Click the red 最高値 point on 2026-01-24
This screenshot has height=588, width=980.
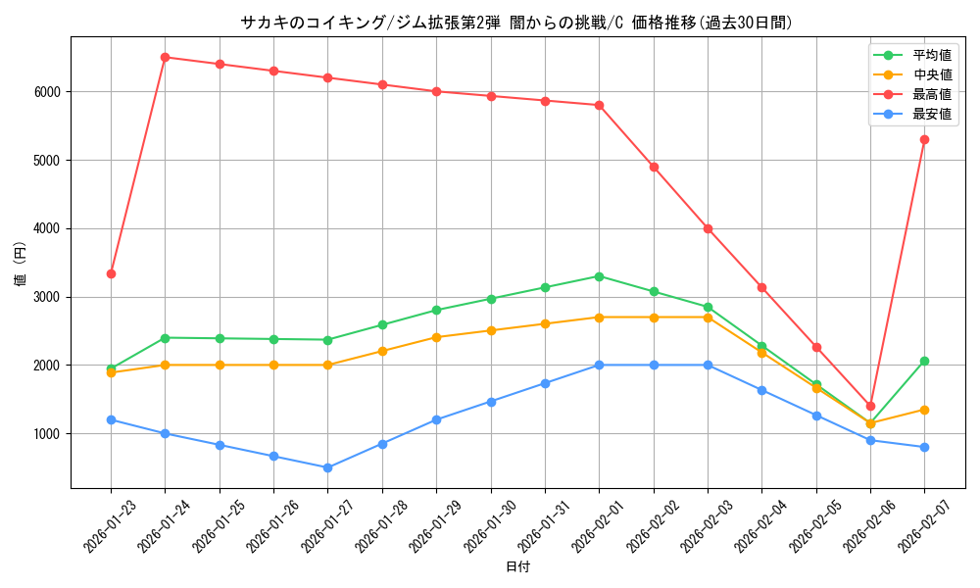[x=165, y=57]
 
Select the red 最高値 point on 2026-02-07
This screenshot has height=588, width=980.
[x=924, y=139]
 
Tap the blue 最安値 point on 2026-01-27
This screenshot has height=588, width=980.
[x=327, y=467]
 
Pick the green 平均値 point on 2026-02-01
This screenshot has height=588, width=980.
[x=599, y=276]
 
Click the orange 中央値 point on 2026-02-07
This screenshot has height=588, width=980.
[x=924, y=410]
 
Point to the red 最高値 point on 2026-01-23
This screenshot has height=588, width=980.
[x=111, y=273]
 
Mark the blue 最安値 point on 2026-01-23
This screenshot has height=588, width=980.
[x=111, y=419]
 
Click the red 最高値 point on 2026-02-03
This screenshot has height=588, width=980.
[x=708, y=228]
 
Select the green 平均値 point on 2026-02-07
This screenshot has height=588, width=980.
[x=924, y=361]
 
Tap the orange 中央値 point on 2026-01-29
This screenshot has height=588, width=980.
[x=436, y=337]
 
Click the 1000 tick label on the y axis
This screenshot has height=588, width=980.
[x=48, y=433]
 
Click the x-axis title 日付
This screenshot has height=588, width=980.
[x=517, y=566]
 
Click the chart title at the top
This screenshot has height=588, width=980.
[x=517, y=22]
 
